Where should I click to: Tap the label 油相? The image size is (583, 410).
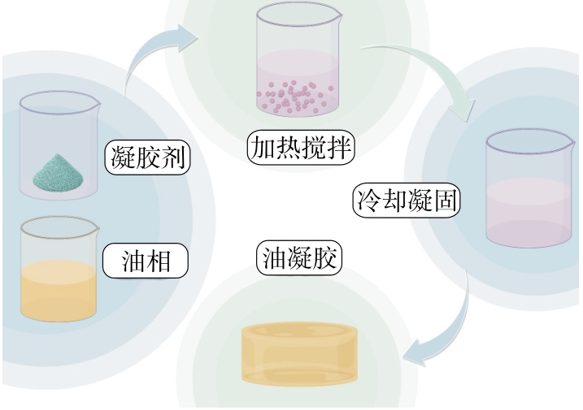tap(146, 261)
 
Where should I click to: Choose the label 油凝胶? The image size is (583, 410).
tap(298, 258)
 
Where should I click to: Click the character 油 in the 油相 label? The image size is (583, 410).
tap(133, 261)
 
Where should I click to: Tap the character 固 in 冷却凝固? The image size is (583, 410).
tap(445, 200)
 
